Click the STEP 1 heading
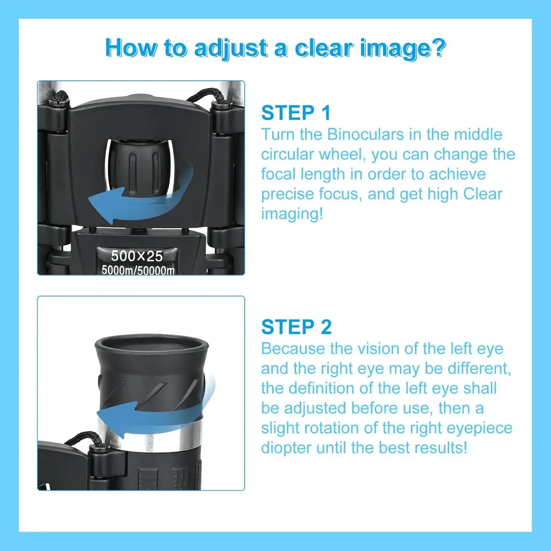[x=295, y=113]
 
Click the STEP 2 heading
[x=296, y=327]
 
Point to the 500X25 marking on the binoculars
[x=137, y=256]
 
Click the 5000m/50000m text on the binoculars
[x=138, y=270]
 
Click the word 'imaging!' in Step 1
[x=292, y=214]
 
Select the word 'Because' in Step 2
[x=293, y=349]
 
